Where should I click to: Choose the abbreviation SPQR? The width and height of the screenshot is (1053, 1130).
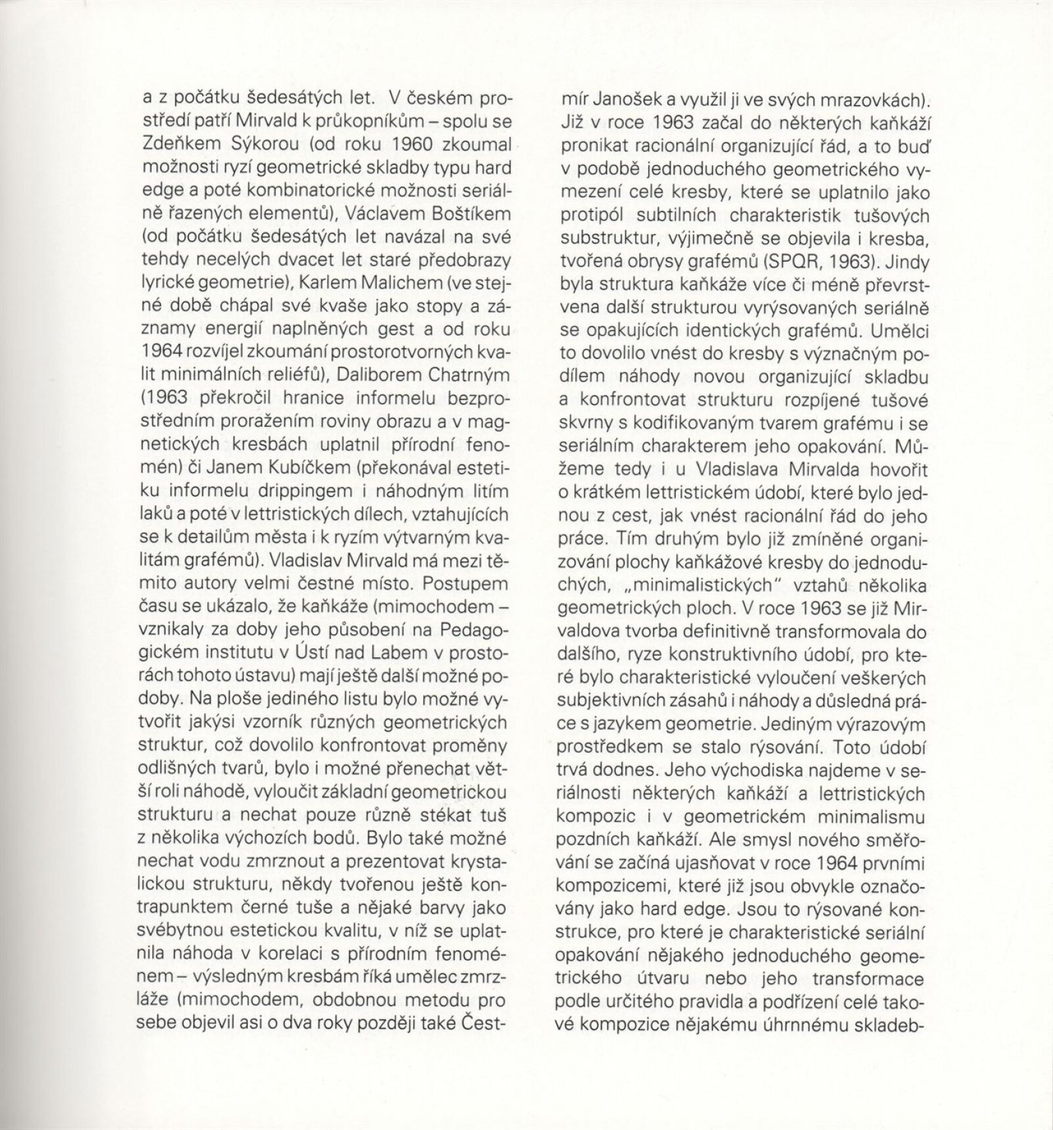pos(794,261)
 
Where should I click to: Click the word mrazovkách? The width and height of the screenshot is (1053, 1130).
pos(864,100)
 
